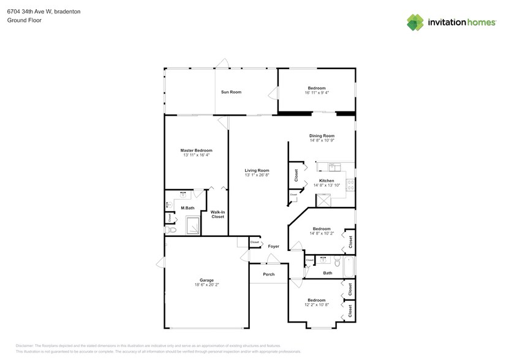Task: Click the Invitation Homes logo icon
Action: (415, 22)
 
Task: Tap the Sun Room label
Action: (231, 92)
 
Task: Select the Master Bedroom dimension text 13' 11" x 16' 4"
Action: (196, 155)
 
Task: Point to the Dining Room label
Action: (322, 136)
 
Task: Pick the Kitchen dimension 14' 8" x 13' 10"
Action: (326, 185)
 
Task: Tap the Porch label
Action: (268, 274)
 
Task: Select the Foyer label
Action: (273, 246)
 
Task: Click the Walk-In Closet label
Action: (217, 214)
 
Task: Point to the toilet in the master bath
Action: (172, 230)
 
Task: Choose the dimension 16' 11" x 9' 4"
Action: (317, 93)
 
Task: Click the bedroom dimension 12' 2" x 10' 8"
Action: (316, 304)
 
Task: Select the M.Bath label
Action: (187, 208)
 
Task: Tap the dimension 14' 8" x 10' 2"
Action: (322, 233)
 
